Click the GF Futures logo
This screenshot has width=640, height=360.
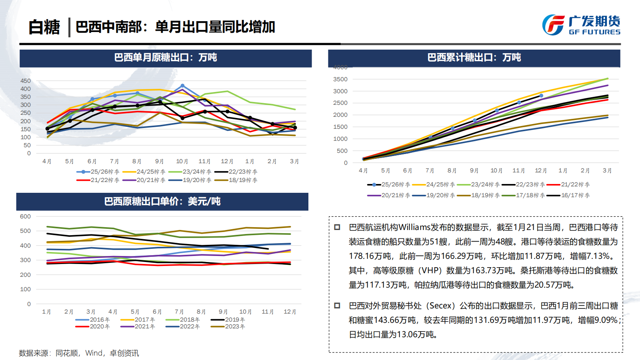[581, 25]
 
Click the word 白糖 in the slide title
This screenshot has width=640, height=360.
[44, 27]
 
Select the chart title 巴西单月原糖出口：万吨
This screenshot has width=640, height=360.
[165, 58]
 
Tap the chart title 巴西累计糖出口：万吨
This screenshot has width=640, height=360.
[474, 58]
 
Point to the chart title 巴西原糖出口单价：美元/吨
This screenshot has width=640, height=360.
[162, 201]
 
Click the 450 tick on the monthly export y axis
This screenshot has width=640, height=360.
[26, 81]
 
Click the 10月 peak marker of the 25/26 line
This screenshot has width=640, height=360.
[182, 86]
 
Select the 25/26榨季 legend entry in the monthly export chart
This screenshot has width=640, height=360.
[98, 172]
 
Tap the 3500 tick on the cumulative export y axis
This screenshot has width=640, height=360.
[340, 79]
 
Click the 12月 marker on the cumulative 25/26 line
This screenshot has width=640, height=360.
[541, 96]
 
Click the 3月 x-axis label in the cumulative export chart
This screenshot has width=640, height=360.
[607, 170]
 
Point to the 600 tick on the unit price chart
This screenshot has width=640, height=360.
[25, 216]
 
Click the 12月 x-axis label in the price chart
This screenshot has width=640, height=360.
[290, 312]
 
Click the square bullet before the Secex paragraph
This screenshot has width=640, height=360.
[337, 306]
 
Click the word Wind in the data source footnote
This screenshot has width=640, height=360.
[94, 353]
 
